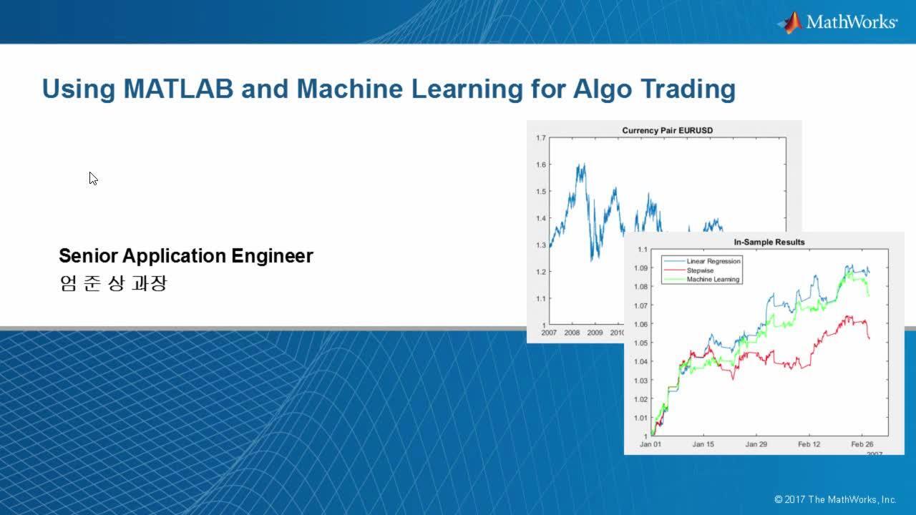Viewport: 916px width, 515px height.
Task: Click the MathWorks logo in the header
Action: coord(837,22)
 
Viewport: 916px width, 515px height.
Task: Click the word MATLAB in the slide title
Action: coord(178,89)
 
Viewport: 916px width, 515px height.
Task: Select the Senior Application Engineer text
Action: coord(186,256)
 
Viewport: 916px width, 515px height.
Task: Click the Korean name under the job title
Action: coord(113,283)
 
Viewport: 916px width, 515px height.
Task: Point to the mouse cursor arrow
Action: coord(93,179)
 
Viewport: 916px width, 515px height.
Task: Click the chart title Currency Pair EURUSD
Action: coord(668,130)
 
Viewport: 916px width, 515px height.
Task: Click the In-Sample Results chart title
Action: coord(769,242)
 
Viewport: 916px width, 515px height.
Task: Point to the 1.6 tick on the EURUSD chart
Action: coord(540,165)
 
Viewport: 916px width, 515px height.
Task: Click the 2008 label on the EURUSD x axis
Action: coord(572,333)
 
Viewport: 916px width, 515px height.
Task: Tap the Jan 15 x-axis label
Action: coord(703,444)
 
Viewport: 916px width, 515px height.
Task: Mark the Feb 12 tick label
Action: coord(809,444)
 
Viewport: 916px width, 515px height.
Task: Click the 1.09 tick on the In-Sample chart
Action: coord(640,268)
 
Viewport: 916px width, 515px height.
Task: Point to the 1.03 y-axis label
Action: coord(640,381)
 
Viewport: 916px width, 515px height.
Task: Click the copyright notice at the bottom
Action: coord(835,499)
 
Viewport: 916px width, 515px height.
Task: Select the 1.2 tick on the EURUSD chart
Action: coord(540,272)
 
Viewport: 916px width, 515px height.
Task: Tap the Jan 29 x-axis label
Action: coord(756,444)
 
